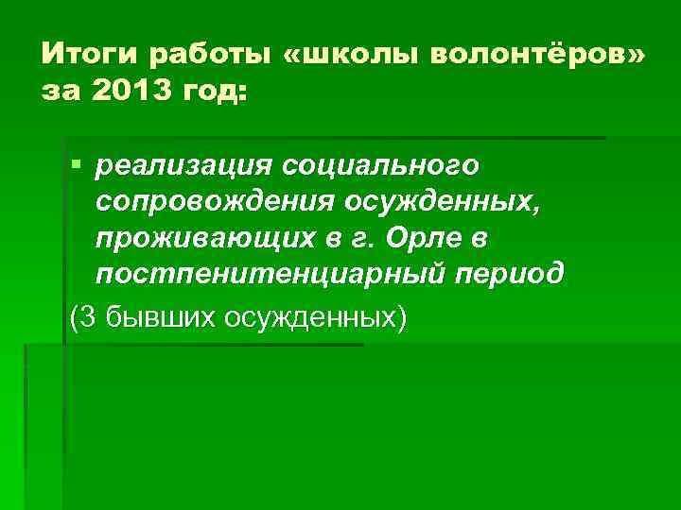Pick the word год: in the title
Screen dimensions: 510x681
tap(213, 92)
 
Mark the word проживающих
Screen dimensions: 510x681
tap(197, 238)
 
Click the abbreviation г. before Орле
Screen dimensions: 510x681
tap(351, 238)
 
